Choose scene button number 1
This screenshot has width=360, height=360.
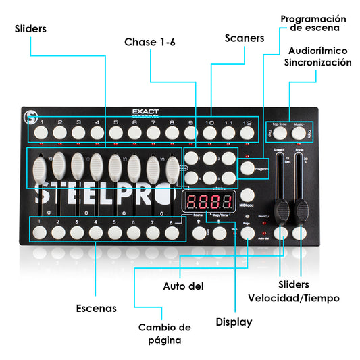click(41, 232)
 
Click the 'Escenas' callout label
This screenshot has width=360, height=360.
click(96, 308)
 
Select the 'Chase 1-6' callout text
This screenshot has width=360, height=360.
click(149, 42)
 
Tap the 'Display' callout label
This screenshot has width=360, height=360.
click(234, 322)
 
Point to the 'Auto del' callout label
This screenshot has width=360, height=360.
click(183, 286)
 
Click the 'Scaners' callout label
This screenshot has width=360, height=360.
click(244, 38)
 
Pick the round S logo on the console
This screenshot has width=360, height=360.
click(30, 116)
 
